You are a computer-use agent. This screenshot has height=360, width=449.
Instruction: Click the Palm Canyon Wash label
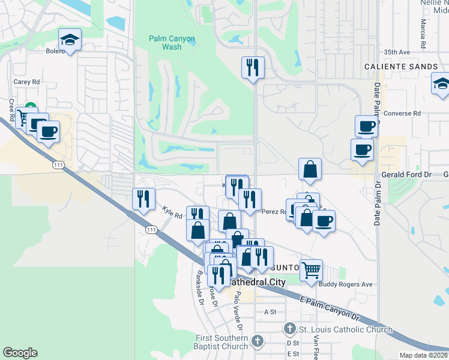pos(172,43)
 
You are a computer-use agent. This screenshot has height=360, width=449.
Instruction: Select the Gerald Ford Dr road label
pos(406,175)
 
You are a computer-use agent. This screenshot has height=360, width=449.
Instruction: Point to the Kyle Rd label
pos(172,212)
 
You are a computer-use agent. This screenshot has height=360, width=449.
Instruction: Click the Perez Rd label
pos(273,211)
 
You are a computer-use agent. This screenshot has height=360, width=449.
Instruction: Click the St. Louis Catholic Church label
pos(346,329)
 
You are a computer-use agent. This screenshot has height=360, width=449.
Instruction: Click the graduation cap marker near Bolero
pos(70,40)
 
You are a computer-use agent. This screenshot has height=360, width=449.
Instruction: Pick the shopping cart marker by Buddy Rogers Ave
pos(311,270)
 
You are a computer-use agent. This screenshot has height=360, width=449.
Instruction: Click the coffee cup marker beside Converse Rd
pos(366,126)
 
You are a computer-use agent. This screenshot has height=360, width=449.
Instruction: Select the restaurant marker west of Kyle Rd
pos(143,199)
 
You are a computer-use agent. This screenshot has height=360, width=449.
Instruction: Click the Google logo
pos(20,353)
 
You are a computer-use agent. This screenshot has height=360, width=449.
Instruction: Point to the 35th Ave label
pos(397,52)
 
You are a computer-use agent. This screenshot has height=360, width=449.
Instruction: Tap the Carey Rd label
pos(26,82)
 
